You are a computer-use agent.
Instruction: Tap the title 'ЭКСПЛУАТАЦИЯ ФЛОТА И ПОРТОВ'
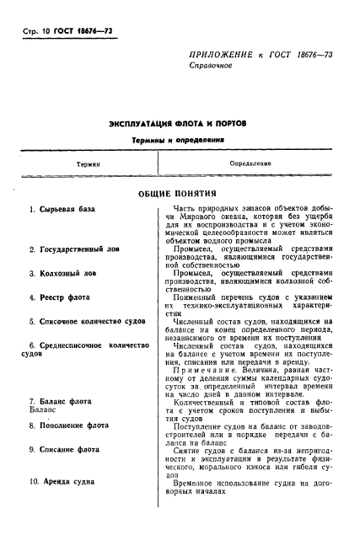tap(179, 124)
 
